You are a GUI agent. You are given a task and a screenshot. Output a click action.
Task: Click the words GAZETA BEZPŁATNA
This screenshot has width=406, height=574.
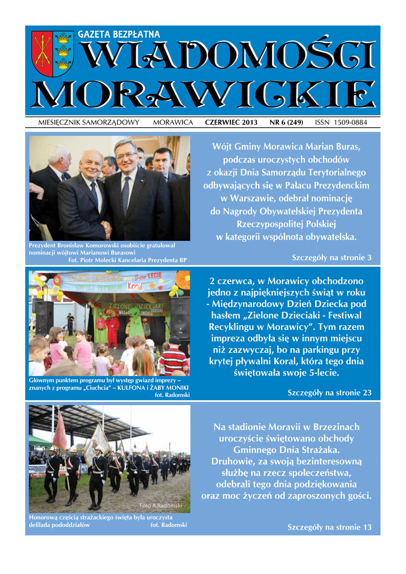pos(119,35)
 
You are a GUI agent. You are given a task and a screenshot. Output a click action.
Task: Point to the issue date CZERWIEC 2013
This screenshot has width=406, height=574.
pos(231,122)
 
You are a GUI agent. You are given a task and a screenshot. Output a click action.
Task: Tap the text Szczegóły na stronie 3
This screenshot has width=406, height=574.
pos(332,257)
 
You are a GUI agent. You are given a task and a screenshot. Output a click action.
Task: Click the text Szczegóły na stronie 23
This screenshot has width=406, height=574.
pos(329,392)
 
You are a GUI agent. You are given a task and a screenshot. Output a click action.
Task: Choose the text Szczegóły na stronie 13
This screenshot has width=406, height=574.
pos(329,527)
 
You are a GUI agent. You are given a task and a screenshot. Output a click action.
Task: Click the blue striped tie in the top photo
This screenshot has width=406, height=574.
pos(125,196)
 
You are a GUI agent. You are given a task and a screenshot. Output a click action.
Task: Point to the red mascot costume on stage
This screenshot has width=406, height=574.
pos(113,328)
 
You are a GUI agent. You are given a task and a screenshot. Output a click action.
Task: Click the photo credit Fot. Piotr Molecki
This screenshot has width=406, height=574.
pos(127,260)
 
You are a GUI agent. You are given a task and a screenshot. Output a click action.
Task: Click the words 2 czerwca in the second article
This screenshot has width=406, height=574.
pos(232,281)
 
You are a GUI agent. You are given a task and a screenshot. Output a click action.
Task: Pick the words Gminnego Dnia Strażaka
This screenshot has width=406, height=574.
pos(286,450)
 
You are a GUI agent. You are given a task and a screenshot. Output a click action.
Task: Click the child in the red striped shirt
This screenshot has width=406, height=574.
pos(174,359)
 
